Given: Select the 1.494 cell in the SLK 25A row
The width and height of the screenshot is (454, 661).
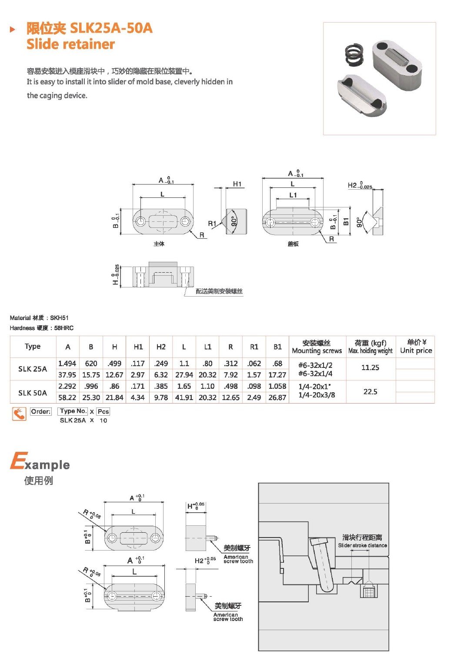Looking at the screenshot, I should (x=67, y=364).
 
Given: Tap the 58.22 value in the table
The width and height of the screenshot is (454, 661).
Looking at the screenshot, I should (x=67, y=397).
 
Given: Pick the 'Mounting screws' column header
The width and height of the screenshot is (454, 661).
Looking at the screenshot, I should (x=317, y=351).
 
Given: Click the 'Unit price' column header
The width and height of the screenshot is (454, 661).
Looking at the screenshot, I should (x=416, y=351).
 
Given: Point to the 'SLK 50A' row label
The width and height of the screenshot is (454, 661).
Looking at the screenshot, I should (x=33, y=393).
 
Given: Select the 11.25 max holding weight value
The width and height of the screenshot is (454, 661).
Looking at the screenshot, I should (x=370, y=367).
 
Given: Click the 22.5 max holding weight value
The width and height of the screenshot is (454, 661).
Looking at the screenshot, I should (x=370, y=392).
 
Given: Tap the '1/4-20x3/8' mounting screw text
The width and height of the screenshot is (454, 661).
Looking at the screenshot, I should (x=317, y=395).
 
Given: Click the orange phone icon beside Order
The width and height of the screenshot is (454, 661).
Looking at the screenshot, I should (x=19, y=414).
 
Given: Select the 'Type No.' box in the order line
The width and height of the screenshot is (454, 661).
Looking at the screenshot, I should (x=73, y=411).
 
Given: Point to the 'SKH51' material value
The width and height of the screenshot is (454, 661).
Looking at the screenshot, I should (x=59, y=318).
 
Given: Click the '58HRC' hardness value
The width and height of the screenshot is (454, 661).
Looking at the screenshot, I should (x=64, y=328).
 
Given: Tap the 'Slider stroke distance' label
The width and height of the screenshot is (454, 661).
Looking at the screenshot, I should (x=362, y=545).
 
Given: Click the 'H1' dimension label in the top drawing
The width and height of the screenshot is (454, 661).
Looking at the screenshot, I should (x=237, y=184).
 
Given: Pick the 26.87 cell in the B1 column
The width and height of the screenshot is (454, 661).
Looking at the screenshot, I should (x=277, y=397).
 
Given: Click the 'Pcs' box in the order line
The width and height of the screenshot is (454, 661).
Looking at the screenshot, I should (x=103, y=411).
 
